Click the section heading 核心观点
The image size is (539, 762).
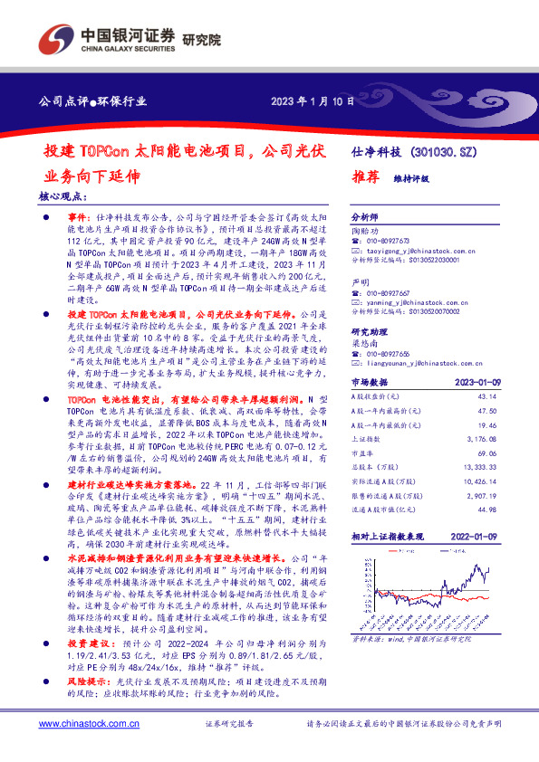point(66,196)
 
